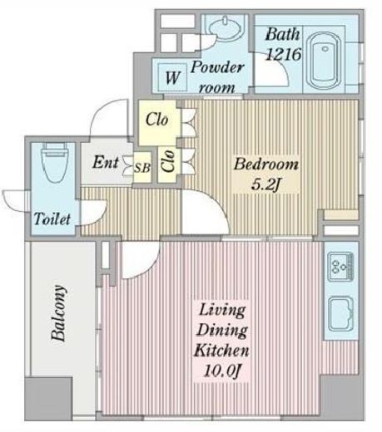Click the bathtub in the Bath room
(x=325, y=61)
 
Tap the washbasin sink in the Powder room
(x=226, y=28)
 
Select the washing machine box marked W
(x=172, y=77)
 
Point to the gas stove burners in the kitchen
(x=340, y=266)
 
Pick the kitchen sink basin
(x=340, y=314)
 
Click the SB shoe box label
(x=142, y=168)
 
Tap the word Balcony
(x=59, y=313)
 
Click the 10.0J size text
(x=221, y=371)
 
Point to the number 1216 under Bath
(x=283, y=54)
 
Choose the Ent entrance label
(x=106, y=162)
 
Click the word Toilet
(x=52, y=218)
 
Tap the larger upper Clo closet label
(x=157, y=120)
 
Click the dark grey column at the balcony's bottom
(x=48, y=398)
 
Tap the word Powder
(x=217, y=67)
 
